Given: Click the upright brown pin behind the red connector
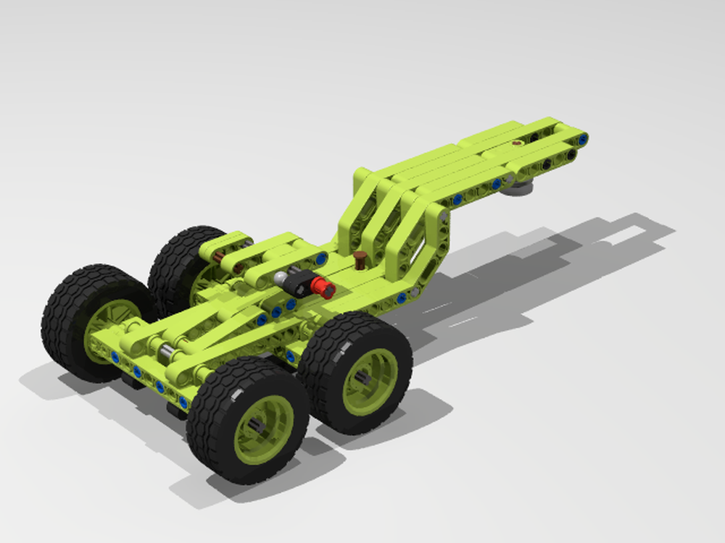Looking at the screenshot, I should [x=360, y=259].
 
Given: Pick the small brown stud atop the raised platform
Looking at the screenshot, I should [x=516, y=143].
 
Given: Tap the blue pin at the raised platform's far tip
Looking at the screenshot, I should [x=582, y=138].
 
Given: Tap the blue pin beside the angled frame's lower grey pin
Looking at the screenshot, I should [x=401, y=298].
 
